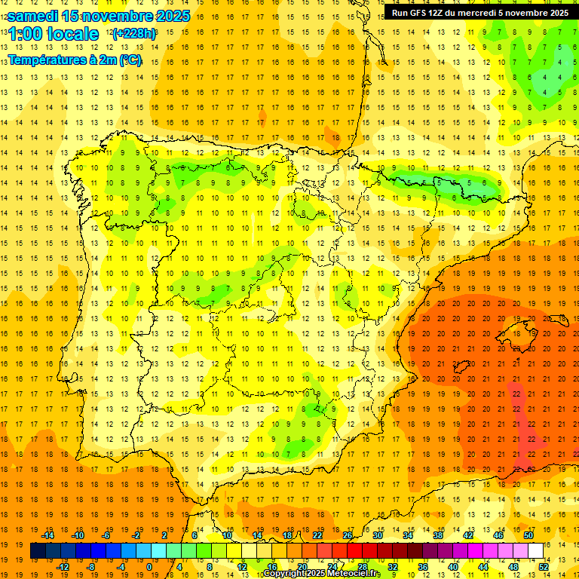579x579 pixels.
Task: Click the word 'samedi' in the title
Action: click(x=32, y=16)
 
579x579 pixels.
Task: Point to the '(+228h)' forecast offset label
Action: click(x=134, y=34)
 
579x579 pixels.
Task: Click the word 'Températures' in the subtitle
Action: click(x=47, y=60)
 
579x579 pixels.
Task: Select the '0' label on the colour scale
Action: click(x=149, y=567)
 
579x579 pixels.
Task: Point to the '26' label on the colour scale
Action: click(x=348, y=535)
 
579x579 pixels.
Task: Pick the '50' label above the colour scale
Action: click(x=528, y=535)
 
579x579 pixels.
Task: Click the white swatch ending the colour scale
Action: click(x=536, y=551)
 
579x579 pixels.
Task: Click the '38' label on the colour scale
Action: click(x=438, y=535)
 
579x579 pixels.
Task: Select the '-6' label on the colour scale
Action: click(x=106, y=535)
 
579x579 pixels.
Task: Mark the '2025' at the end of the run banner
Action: click(x=558, y=13)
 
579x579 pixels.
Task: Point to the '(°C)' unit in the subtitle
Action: click(x=130, y=60)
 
